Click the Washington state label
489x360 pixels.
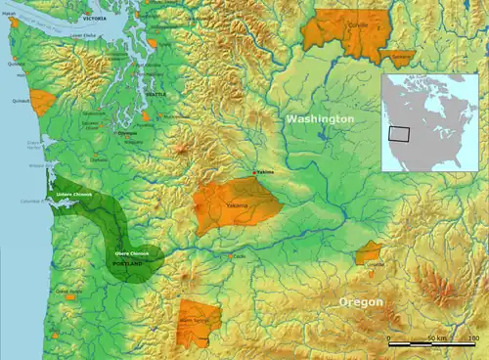tap(320, 118)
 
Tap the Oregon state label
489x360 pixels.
tap(361, 303)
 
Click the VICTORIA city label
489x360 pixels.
tap(95, 19)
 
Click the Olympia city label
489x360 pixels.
tap(127, 133)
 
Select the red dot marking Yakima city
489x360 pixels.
tap(257, 173)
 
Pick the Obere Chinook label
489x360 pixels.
tap(131, 253)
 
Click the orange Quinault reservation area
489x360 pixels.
tap(42, 102)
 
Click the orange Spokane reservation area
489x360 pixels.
tap(396, 57)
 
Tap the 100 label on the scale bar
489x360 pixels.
tap(473, 337)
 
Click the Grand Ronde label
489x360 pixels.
tap(67, 291)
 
